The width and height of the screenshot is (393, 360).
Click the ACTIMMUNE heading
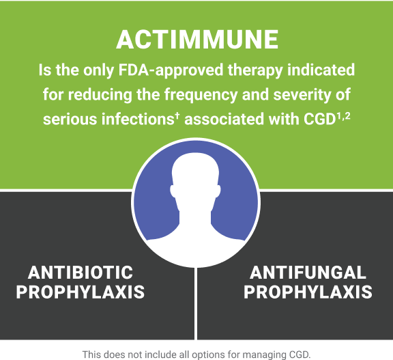[196, 40]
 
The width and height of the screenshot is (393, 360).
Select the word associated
[223, 118]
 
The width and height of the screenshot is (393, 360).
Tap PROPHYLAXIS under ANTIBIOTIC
[81, 293]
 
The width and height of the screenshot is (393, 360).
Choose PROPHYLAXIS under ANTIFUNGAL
[308, 293]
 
